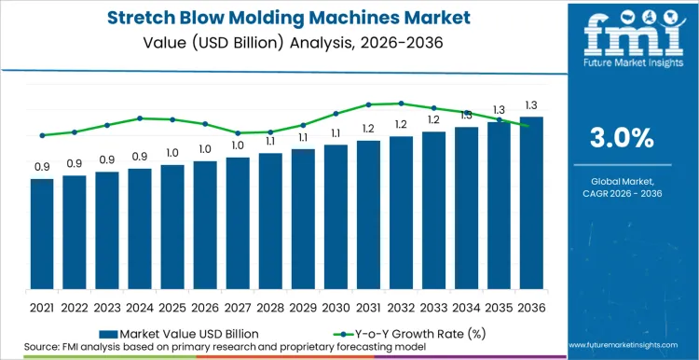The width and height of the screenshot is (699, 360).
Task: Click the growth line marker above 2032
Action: tap(401, 104)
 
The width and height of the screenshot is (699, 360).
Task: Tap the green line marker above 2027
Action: tap(238, 132)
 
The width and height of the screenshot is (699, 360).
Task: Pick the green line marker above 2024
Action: tap(140, 118)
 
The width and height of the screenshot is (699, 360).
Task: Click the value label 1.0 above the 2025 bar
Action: tap(172, 153)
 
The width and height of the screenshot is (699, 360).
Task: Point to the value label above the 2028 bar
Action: tap(270, 142)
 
